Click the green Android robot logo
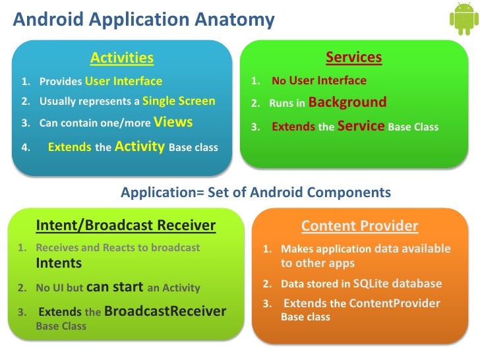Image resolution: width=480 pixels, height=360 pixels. [464, 19]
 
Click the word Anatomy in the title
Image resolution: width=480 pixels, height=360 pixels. [235, 20]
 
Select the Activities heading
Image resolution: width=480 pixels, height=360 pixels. [122, 57]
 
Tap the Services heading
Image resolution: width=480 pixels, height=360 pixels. [353, 57]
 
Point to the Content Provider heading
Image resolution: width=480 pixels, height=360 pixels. [360, 226]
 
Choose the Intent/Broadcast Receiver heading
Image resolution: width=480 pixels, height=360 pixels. [126, 225]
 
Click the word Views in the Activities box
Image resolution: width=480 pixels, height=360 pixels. [173, 122]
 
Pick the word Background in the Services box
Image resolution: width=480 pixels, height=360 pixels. [347, 103]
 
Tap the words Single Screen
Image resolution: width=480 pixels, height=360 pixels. [179, 101]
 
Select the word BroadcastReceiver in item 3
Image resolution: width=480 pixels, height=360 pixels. [165, 311]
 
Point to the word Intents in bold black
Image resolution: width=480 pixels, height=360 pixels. [59, 263]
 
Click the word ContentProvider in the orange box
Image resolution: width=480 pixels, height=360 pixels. [394, 303]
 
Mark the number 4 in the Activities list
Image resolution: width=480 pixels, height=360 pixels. [26, 148]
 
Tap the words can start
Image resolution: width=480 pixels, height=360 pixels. [115, 287]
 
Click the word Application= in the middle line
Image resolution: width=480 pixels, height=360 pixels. [162, 193]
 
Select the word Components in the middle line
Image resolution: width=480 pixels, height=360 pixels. [349, 193]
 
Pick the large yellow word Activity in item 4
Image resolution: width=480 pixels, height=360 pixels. [140, 146]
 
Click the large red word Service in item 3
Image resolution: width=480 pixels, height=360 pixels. [361, 126]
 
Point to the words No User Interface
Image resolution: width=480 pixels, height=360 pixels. [319, 80]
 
